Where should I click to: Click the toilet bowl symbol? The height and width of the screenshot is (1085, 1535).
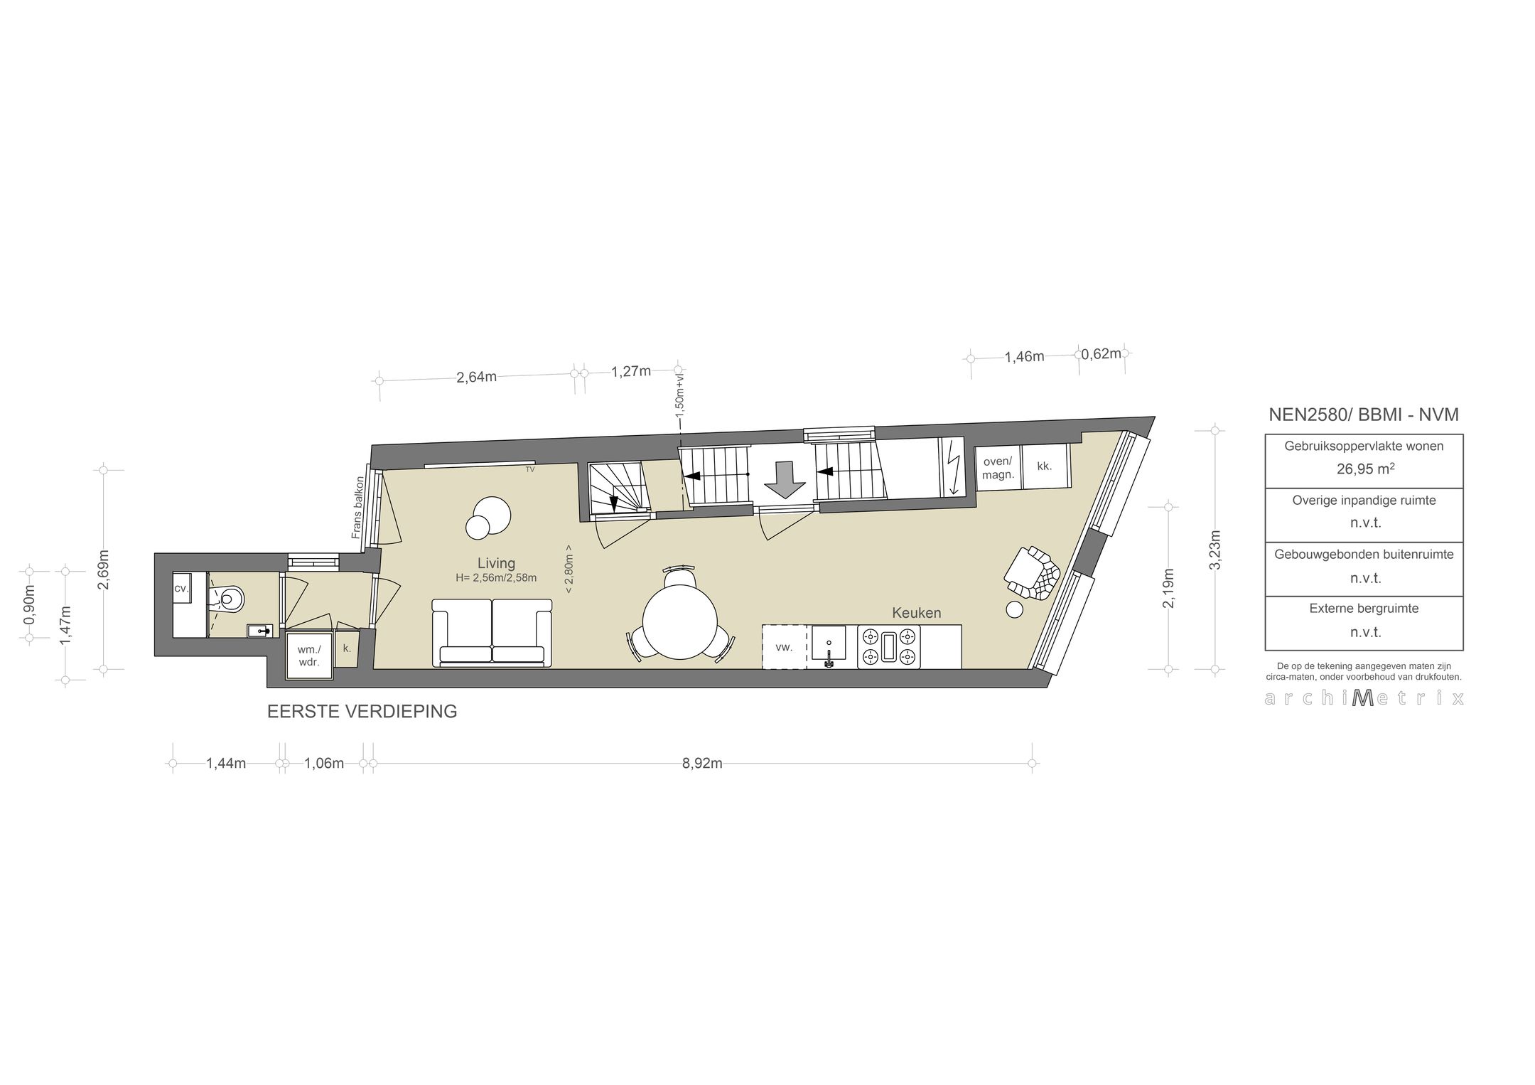(x=230, y=598)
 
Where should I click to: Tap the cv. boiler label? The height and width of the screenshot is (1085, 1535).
(x=181, y=589)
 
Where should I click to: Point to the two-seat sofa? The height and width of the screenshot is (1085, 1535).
(x=492, y=633)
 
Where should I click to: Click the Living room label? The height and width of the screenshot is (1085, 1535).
(x=496, y=564)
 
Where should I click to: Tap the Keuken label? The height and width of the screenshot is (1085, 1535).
(x=917, y=613)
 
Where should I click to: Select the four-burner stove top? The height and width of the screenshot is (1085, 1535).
(x=888, y=646)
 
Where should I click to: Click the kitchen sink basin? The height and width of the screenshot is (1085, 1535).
(x=829, y=642)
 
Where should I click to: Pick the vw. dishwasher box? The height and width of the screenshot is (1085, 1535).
(x=784, y=647)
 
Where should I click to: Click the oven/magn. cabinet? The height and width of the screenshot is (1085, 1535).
(x=998, y=467)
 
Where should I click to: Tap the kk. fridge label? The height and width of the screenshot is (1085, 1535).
(x=1045, y=466)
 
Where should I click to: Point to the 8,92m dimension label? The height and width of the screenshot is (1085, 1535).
(x=702, y=764)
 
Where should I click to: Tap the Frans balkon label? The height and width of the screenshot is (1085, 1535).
(x=357, y=507)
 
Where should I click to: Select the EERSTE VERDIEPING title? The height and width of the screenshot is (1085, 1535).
(x=362, y=712)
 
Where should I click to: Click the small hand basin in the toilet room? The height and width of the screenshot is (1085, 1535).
(x=260, y=630)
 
